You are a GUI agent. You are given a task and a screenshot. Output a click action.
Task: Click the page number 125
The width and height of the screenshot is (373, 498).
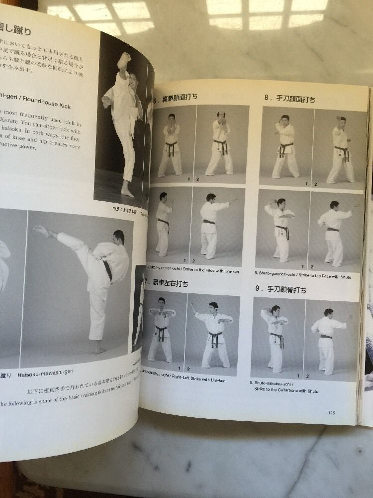(332, 412)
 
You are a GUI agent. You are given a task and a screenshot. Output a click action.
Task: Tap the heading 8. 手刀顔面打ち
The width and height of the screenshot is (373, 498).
(289, 99)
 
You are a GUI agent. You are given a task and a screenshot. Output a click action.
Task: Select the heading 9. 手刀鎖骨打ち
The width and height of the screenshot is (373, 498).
(281, 289)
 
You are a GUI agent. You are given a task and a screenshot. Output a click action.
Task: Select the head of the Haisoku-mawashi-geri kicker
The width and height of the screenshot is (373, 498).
(118, 237)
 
